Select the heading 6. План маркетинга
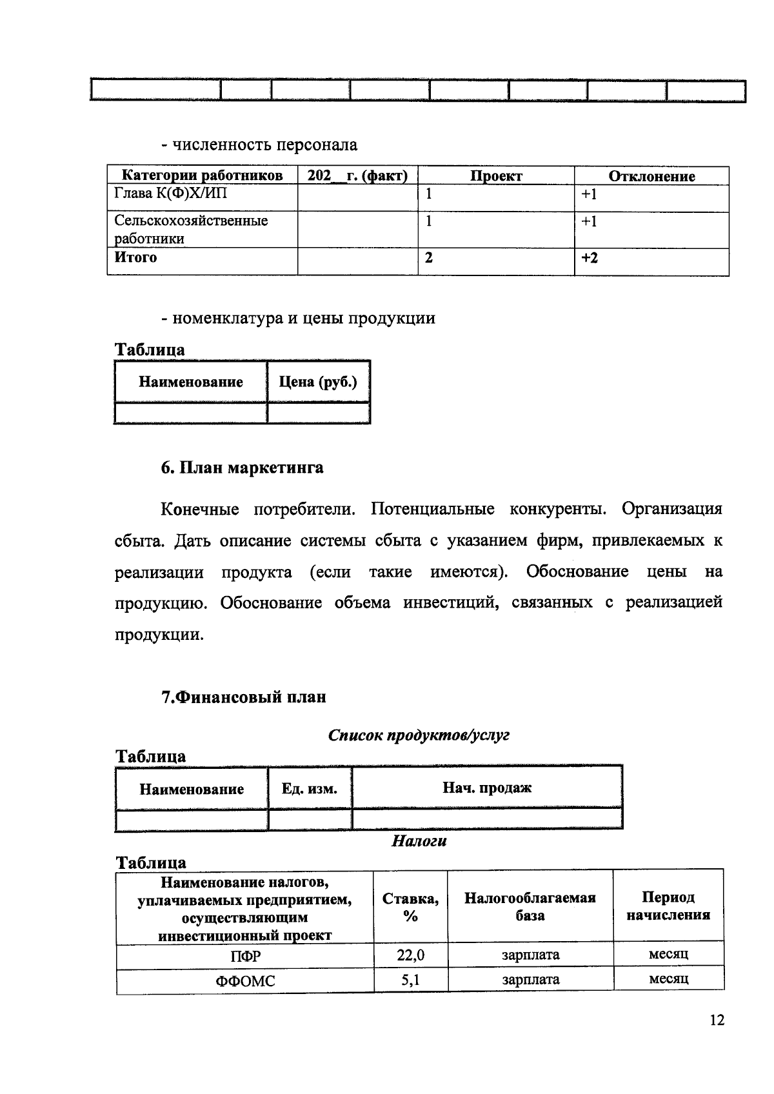click(x=242, y=468)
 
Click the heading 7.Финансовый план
click(x=243, y=697)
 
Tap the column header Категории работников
click(x=202, y=176)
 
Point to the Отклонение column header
click(x=651, y=176)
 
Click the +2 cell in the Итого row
click(x=589, y=258)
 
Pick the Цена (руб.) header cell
click(x=318, y=382)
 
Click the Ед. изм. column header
click(x=310, y=788)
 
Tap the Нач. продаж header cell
click(x=487, y=788)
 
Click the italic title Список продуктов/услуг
click(x=419, y=735)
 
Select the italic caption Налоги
click(x=419, y=841)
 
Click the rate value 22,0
click(x=410, y=955)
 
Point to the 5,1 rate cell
click(x=410, y=980)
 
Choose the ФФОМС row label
click(x=245, y=982)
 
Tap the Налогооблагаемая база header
click(x=530, y=906)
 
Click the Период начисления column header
click(x=668, y=906)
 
